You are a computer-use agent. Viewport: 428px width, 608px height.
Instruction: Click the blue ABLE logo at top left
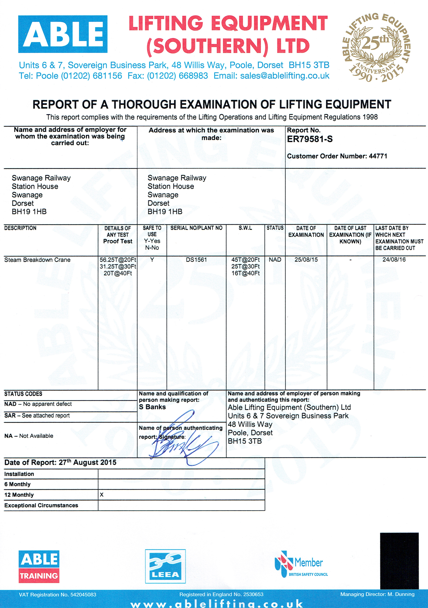tap(63, 34)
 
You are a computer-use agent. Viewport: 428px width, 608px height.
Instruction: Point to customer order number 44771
tap(378, 156)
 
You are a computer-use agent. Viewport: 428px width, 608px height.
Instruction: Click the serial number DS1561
tap(196, 260)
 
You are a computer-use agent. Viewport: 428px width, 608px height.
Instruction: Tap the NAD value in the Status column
tap(275, 260)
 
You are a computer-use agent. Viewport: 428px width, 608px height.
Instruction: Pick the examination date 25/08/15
tap(306, 260)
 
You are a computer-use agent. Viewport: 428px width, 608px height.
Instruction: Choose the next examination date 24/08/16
tap(394, 260)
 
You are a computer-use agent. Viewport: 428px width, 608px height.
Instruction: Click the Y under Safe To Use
tap(152, 260)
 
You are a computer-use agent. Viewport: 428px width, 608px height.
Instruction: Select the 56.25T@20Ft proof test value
tap(118, 260)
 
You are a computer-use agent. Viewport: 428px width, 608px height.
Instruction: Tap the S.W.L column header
tap(245, 228)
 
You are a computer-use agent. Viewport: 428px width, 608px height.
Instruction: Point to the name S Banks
tap(152, 407)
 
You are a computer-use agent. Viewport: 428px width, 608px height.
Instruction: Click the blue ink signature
tap(183, 440)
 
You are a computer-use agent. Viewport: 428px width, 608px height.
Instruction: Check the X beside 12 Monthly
tap(102, 495)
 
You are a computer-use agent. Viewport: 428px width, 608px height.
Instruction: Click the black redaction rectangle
tap(399, 560)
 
